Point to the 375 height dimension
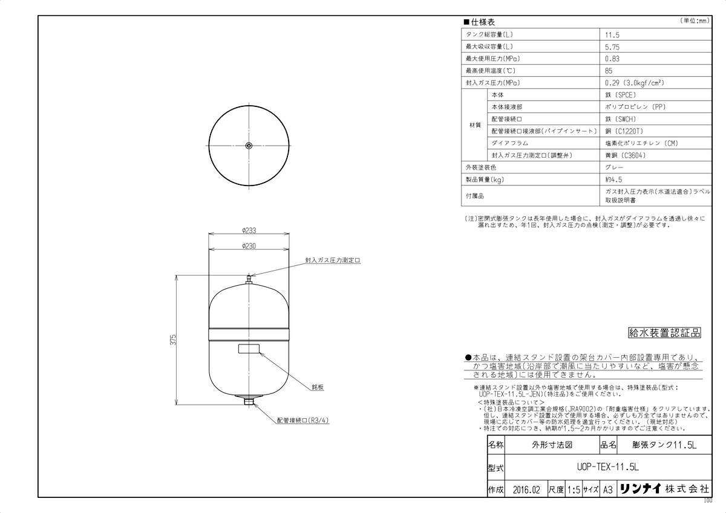(x=172, y=339)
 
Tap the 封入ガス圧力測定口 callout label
(x=333, y=260)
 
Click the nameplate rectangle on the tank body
(x=249, y=349)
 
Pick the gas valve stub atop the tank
(x=249, y=280)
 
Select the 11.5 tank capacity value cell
(x=612, y=35)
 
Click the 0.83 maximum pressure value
(x=612, y=59)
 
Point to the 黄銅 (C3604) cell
(x=624, y=155)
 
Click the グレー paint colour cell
(x=613, y=167)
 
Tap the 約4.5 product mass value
(x=613, y=179)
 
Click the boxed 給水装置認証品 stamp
(x=664, y=332)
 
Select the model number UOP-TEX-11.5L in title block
(x=608, y=468)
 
